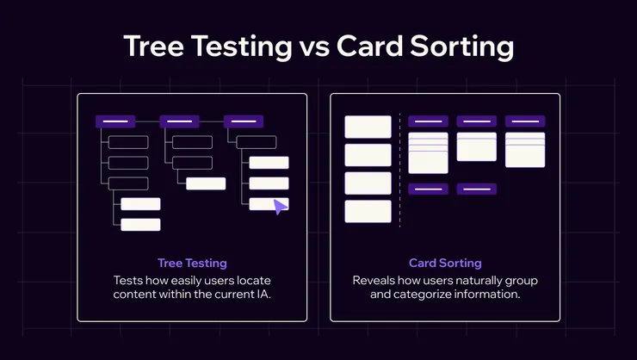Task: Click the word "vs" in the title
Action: [x=314, y=47]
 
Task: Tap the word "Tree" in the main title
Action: [x=153, y=46]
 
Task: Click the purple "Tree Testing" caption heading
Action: [x=192, y=264]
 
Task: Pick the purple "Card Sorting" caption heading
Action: [x=445, y=264]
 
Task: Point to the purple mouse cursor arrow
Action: [x=280, y=207]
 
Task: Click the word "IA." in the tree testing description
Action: [x=263, y=294]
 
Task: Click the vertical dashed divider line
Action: [x=399, y=171]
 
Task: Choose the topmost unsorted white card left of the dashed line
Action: [x=368, y=127]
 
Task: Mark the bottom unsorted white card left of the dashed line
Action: [x=368, y=211]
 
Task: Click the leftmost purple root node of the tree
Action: [x=115, y=121]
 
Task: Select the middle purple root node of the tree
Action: [x=180, y=121]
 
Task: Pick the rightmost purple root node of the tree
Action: [x=244, y=121]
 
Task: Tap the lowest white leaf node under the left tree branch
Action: [x=140, y=225]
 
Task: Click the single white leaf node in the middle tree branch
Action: [x=206, y=183]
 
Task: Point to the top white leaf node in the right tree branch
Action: [x=269, y=163]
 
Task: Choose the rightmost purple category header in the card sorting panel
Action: [x=525, y=121]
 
